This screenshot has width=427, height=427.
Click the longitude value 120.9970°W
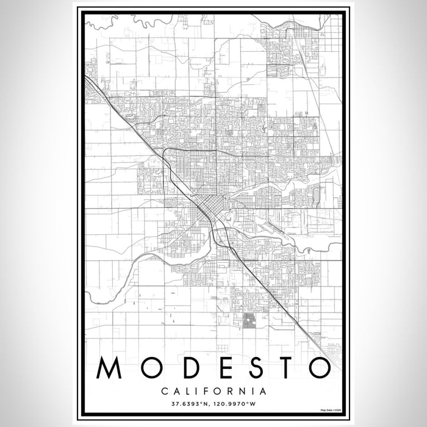tap(235, 403)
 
